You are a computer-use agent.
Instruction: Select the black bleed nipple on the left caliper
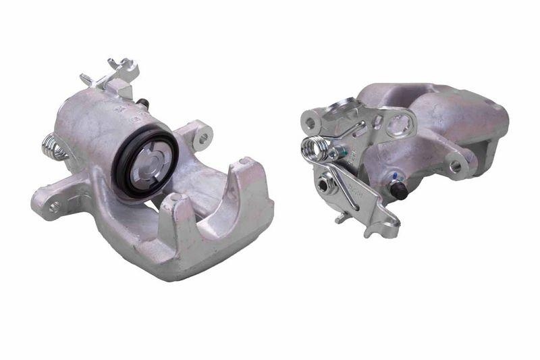coord(144,103)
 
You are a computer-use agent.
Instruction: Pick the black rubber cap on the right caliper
coord(399,190)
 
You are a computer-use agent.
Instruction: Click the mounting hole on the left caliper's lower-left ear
coord(54,205)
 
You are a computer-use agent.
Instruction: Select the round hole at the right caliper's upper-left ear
coord(310,124)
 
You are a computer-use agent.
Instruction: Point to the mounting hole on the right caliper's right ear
coord(456,165)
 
